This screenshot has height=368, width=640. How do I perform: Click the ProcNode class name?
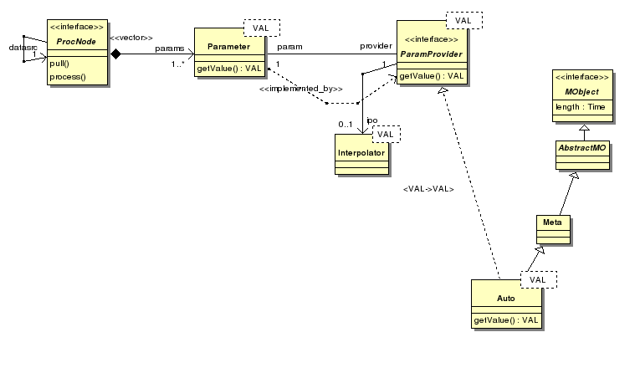click(75, 41)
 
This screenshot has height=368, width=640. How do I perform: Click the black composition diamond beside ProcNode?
click(116, 54)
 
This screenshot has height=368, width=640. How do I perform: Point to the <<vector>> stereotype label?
click(131, 38)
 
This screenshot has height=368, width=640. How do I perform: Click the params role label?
click(170, 48)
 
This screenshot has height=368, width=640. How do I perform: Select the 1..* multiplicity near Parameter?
click(177, 64)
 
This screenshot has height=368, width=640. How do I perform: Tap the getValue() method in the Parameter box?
click(229, 68)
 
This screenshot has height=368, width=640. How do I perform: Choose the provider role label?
click(376, 45)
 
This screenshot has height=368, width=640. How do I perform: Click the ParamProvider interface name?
click(431, 54)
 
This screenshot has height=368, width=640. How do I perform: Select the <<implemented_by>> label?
click(300, 89)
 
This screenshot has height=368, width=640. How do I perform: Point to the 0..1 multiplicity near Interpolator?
click(345, 125)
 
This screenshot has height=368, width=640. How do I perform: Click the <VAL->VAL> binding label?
click(428, 189)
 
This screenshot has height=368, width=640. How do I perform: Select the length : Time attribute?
click(584, 106)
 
